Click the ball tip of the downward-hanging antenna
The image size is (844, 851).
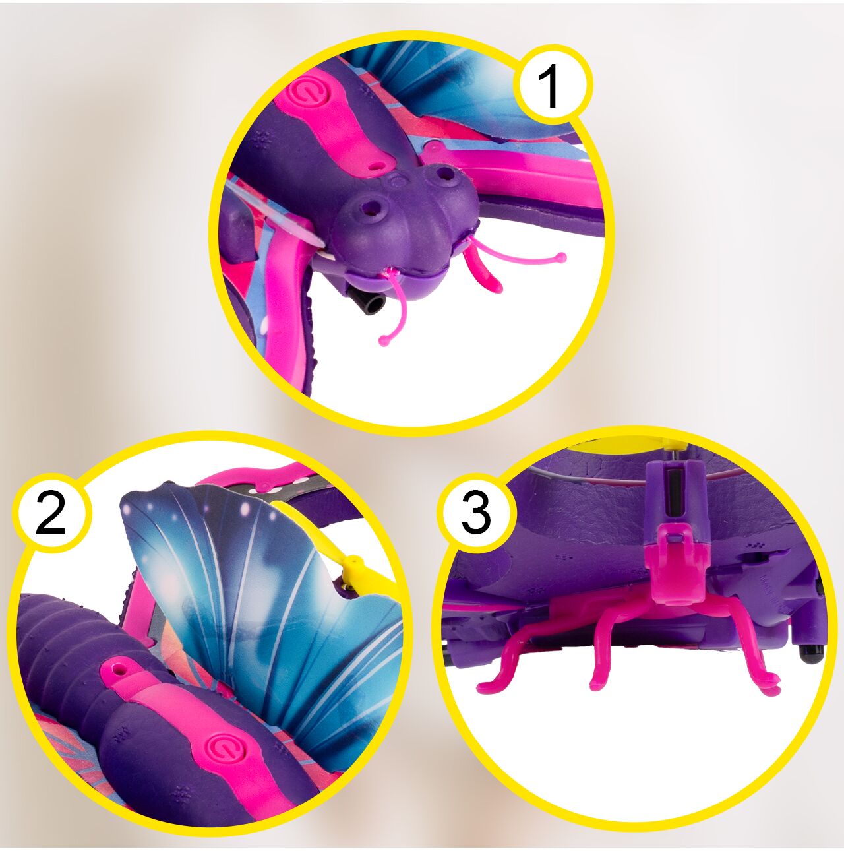384,341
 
